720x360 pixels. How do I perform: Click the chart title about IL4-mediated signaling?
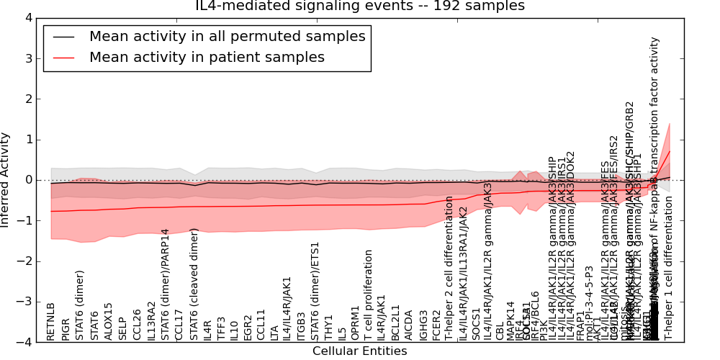pos(360,6)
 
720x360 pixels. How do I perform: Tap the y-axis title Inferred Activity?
pos(6,180)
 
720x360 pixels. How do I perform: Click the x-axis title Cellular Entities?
pos(360,351)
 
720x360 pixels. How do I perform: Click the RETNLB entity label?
pos(50,321)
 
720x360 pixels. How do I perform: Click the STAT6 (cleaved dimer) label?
pos(194,284)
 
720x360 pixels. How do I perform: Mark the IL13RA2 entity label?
pos(151,320)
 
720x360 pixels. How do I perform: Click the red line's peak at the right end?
pos(670,150)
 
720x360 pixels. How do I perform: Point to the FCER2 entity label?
pos(436,325)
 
